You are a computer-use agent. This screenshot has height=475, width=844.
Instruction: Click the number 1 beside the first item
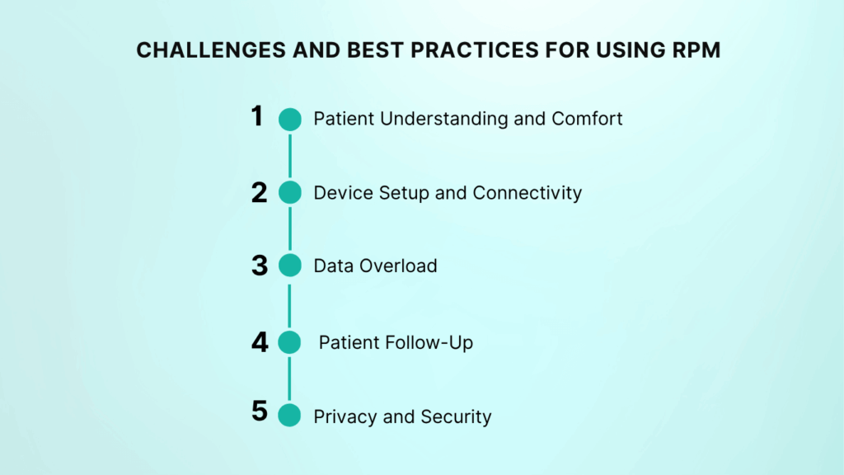pos(257,116)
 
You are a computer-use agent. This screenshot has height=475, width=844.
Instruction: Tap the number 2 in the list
pos(260,192)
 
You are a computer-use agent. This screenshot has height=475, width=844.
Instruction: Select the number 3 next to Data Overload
pos(260,266)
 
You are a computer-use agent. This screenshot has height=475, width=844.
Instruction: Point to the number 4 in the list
pos(260,341)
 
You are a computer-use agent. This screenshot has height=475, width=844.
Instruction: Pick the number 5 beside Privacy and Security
pos(260,411)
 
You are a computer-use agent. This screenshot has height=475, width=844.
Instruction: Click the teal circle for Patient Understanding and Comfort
pos(290,119)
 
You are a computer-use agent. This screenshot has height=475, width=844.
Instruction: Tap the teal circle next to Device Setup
pos(290,192)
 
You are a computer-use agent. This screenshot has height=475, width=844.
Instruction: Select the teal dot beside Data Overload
pos(290,266)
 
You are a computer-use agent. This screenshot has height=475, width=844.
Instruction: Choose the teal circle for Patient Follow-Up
pos(290,341)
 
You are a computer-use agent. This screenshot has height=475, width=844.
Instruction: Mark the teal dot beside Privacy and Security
pos(290,415)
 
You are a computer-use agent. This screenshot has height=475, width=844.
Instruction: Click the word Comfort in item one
pos(587,119)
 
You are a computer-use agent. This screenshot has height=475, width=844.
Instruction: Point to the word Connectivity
pos(527,193)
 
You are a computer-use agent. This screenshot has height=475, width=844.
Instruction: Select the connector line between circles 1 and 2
pos(290,156)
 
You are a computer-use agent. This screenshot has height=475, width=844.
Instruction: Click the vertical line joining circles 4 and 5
pos(290,379)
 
